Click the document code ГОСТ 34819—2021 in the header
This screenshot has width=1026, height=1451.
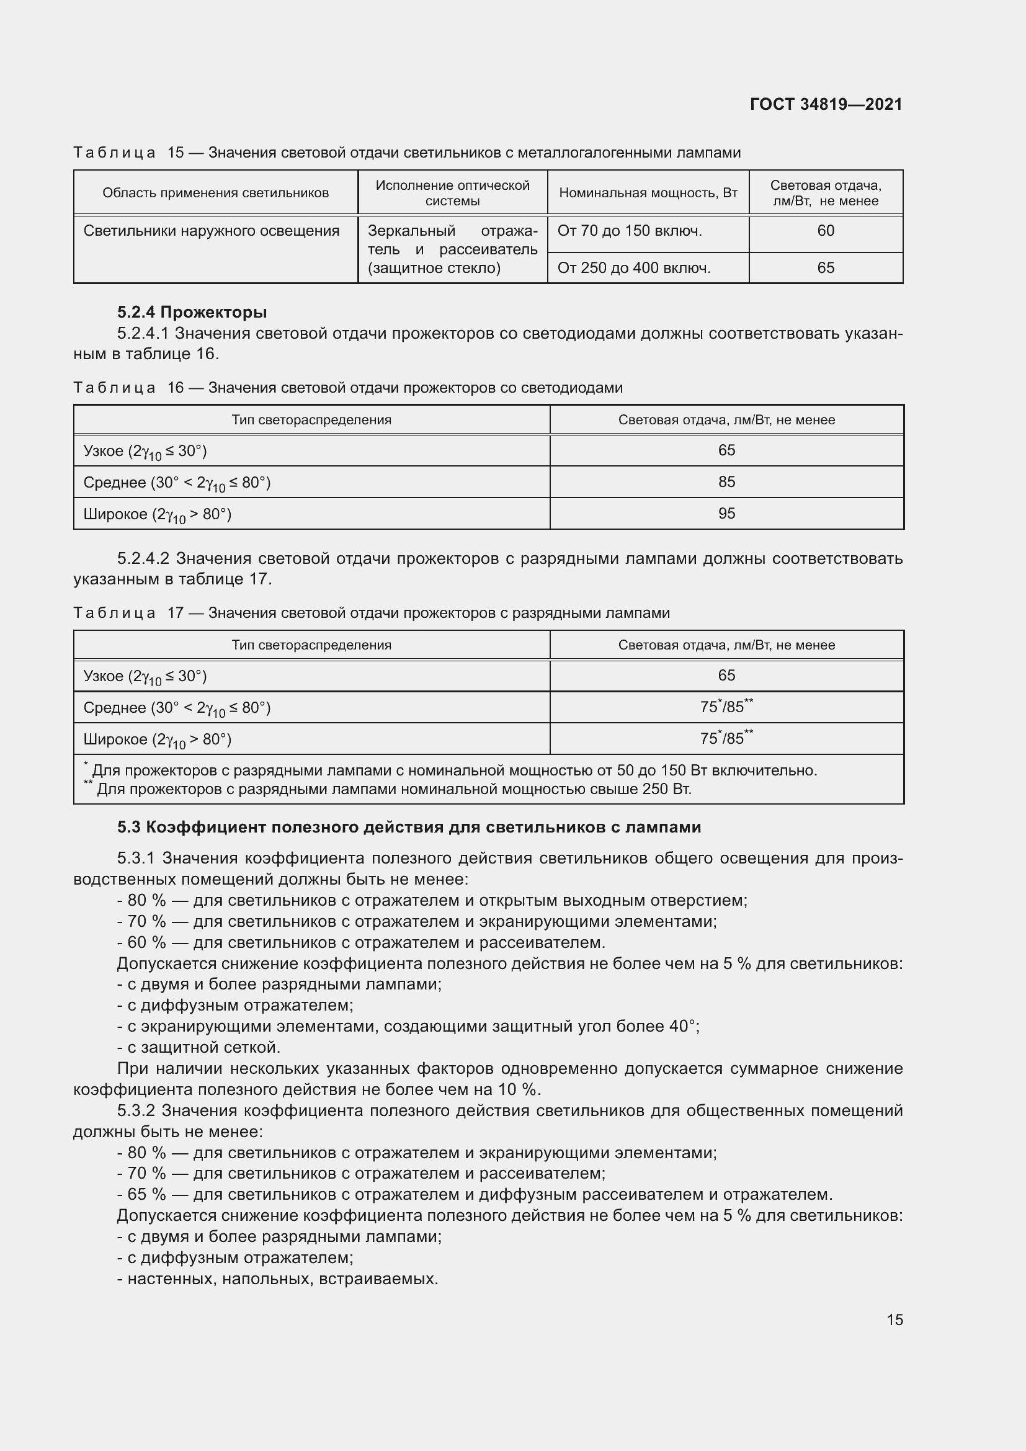click(x=826, y=104)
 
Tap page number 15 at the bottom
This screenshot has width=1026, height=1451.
click(x=894, y=1319)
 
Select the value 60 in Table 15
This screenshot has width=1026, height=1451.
click(x=825, y=231)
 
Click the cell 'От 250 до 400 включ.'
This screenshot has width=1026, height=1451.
click(x=634, y=268)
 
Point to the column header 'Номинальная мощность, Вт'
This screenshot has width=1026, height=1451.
click(x=648, y=193)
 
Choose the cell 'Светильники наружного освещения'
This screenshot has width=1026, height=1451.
click(x=211, y=231)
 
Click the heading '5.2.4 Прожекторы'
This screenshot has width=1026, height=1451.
click(x=192, y=312)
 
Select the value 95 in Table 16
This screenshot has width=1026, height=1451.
click(x=726, y=513)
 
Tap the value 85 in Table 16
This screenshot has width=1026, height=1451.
click(x=726, y=481)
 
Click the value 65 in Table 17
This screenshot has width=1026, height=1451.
click(x=726, y=676)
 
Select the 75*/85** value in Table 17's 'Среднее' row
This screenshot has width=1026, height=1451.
click(x=726, y=707)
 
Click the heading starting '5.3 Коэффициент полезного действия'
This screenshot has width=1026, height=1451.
click(x=409, y=828)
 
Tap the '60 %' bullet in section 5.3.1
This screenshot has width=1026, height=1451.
click(x=361, y=943)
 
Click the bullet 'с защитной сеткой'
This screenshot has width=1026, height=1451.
click(x=199, y=1048)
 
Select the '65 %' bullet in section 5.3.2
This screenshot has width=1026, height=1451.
click(x=475, y=1194)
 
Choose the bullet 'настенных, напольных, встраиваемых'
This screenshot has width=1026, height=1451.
click(x=277, y=1279)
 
